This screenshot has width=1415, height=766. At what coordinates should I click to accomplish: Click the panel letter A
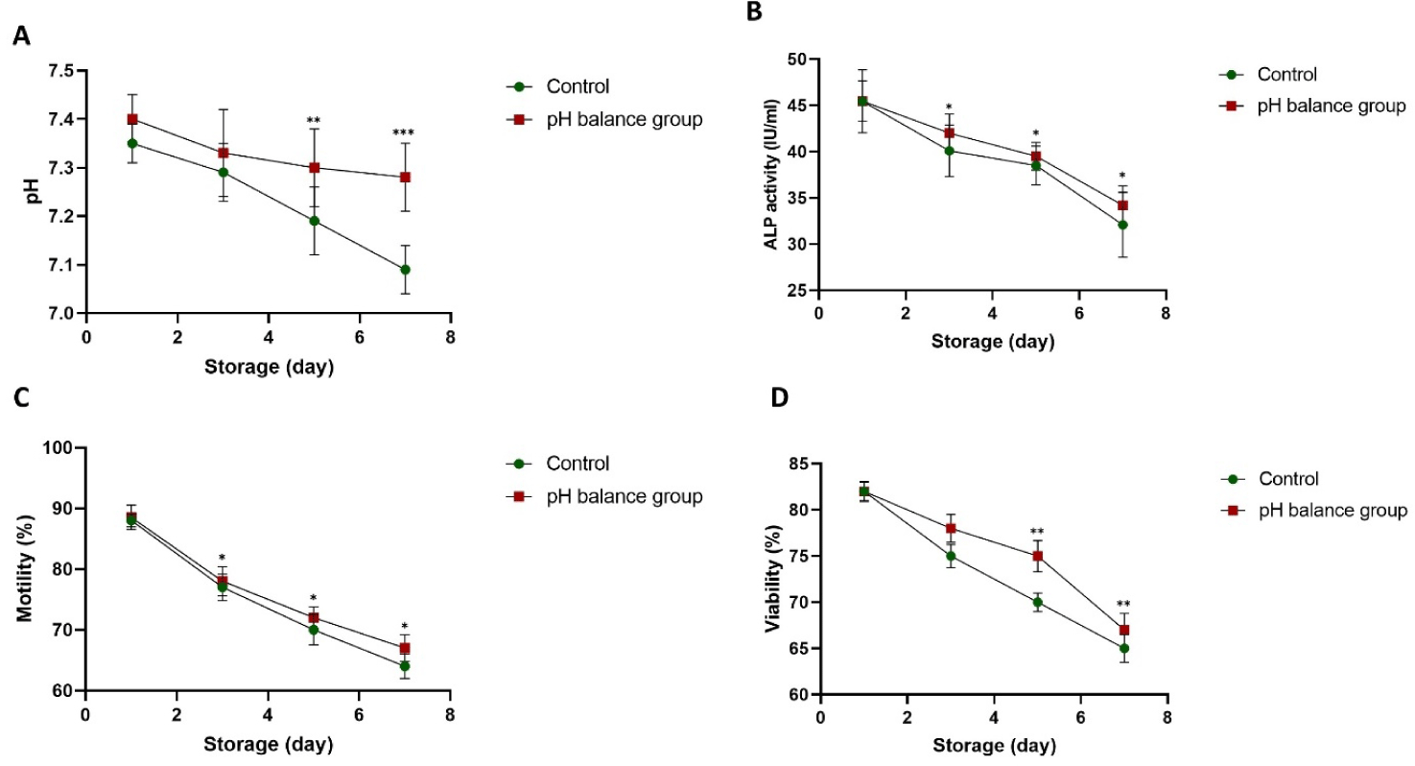point(20,37)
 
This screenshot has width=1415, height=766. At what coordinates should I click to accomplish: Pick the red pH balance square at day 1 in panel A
point(132,119)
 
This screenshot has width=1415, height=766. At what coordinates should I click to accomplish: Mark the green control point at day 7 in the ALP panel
point(1122,225)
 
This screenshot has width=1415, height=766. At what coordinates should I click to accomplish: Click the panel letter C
point(20,423)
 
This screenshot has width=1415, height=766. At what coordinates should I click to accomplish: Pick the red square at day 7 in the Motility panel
point(405,648)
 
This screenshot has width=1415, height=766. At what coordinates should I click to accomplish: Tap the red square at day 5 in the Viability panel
point(1036,556)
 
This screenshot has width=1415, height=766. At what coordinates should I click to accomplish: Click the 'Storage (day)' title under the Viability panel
point(992,745)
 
